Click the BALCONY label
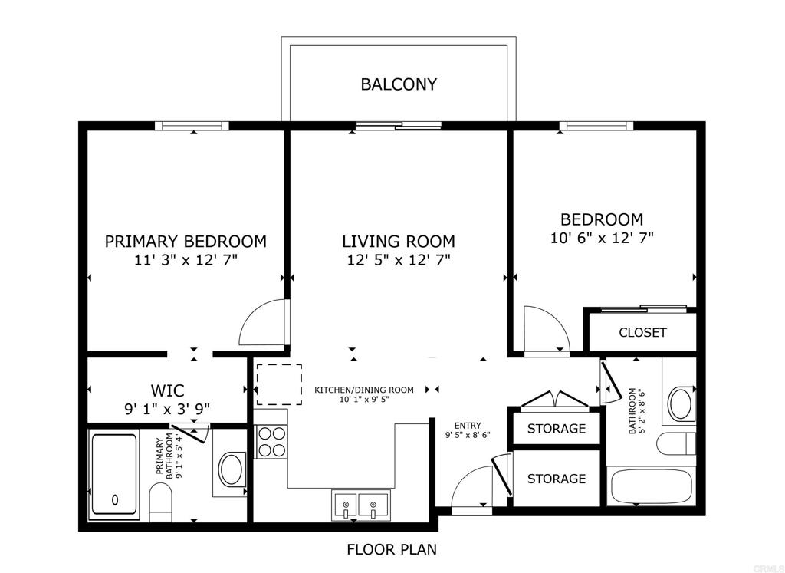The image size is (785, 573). pos(399,84)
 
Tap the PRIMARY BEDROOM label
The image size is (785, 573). pos(186,242)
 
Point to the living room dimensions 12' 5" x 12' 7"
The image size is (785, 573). pos(399,260)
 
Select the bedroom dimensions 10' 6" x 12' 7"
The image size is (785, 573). pos(602,238)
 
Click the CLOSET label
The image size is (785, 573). pos(642,333)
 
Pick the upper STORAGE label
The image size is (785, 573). pos(557,428)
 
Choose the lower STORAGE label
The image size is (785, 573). pos(557,479)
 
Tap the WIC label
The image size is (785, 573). pos(167,390)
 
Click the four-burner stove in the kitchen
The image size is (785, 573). pos(271,441)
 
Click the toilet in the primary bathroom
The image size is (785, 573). pos(161,502)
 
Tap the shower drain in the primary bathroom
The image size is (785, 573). pos(116,499)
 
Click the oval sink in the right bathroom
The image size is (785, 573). pos(681,403)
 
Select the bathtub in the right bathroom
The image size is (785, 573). pos(652,486)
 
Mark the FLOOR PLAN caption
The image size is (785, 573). pos(392,549)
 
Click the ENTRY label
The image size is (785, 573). pos(468,426)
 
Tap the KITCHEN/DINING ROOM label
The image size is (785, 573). pos(364,390)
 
